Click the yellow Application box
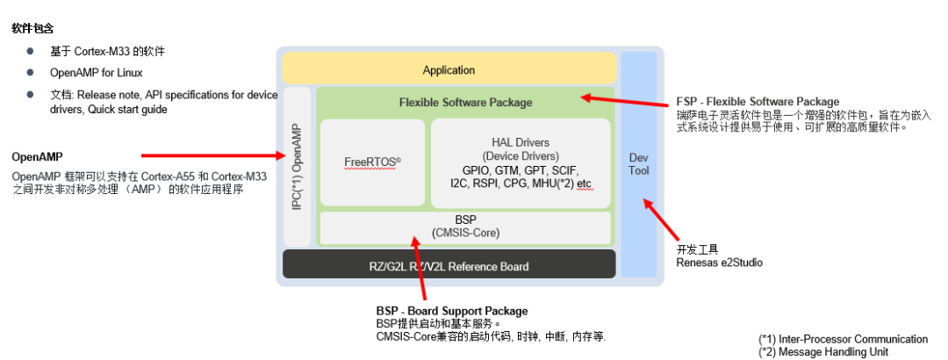[449, 69]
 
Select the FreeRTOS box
[372, 162]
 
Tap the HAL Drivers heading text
[521, 142]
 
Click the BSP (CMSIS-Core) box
[464, 227]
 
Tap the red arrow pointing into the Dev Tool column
[662, 220]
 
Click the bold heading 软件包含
[33, 28]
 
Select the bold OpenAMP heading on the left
[36, 156]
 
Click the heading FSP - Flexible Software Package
[758, 102]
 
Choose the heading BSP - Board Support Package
[451, 311]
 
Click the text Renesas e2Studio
[719, 262]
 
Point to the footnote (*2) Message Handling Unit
[823, 351]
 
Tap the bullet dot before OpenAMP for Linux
[30, 73]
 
